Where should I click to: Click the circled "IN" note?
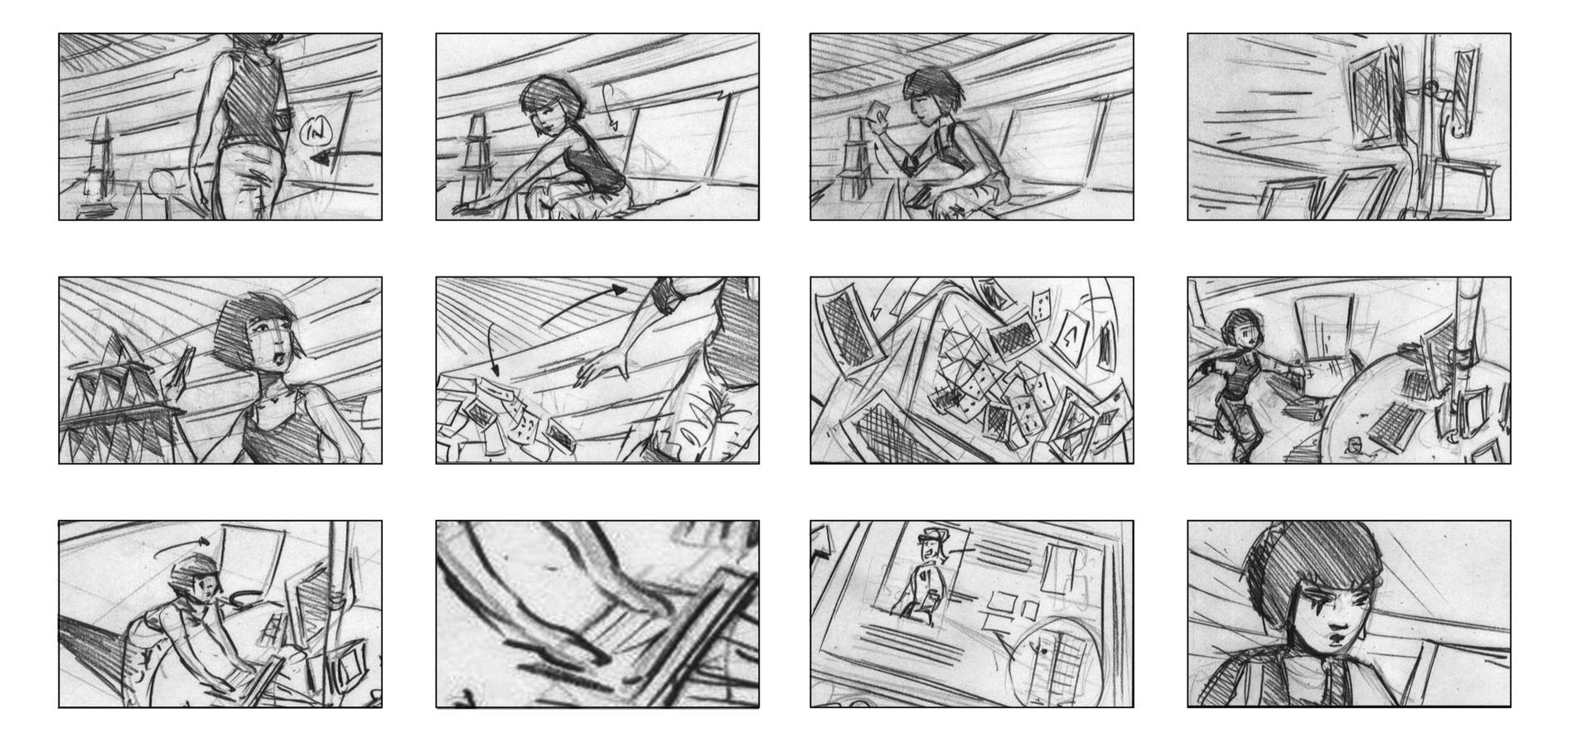(x=315, y=131)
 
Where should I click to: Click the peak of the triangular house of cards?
(x=123, y=335)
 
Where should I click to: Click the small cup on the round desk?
(x=1354, y=446)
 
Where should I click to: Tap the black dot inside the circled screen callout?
(x=1042, y=651)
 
